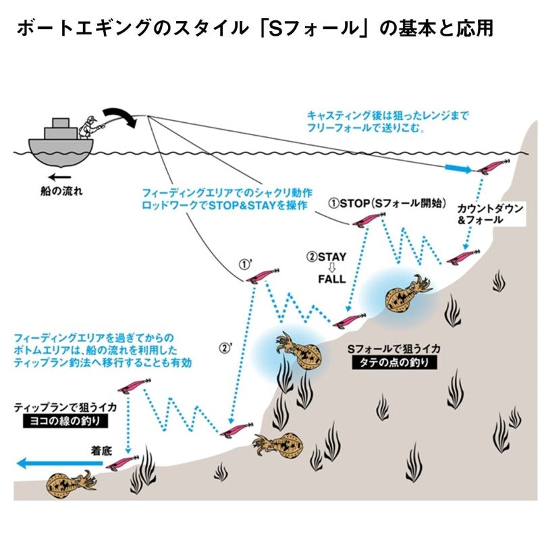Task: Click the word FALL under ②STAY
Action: pos(331,279)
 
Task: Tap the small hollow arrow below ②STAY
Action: pos(331,267)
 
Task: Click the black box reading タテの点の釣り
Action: pos(394,362)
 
